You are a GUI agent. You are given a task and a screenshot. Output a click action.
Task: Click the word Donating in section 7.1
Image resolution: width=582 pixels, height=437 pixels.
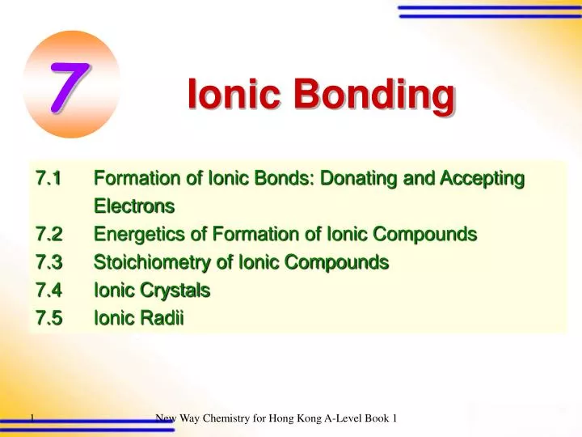coord(354,177)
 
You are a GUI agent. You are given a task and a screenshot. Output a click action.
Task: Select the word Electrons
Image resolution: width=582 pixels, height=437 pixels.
coord(134,206)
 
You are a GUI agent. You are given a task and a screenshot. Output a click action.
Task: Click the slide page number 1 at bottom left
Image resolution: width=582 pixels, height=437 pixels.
coord(31,418)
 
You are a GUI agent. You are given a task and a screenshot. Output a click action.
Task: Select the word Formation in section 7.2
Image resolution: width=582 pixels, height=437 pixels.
coord(247,235)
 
